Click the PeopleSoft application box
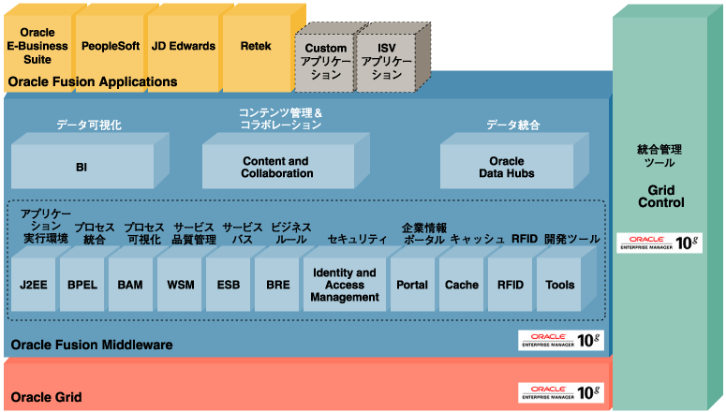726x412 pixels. click(x=111, y=45)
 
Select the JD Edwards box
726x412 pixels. click(x=184, y=45)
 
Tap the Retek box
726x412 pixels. click(x=255, y=45)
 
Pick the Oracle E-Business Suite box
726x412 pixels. click(x=37, y=45)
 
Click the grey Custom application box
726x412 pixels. click(x=325, y=61)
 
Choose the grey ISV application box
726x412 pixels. click(x=387, y=61)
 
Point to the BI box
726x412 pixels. click(x=81, y=168)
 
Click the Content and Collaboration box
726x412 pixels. click(x=277, y=168)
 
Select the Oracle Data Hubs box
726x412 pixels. click(x=507, y=168)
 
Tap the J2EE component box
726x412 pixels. click(x=32, y=285)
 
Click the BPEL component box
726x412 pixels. click(x=81, y=285)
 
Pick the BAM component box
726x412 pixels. click(x=129, y=285)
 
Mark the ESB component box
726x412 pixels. click(x=228, y=285)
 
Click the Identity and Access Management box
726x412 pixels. click(x=344, y=285)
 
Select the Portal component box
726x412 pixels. click(x=412, y=285)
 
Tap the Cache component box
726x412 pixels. click(x=461, y=285)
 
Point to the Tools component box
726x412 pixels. click(x=559, y=285)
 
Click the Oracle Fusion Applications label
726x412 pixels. click(x=93, y=82)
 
